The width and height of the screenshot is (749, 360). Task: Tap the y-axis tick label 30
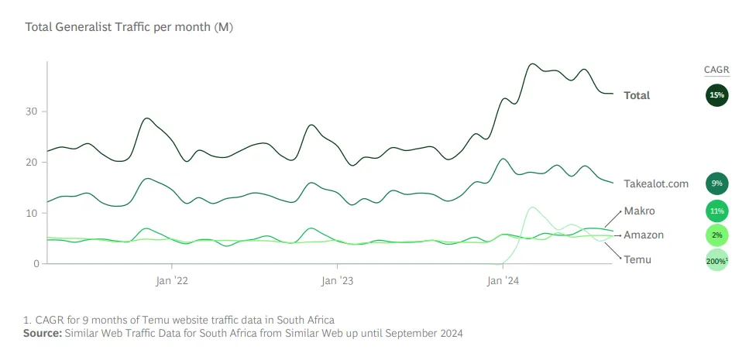pos(32,111)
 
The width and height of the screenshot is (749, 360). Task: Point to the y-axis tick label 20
pos(32,163)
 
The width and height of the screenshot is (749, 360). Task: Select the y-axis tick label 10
pos(32,213)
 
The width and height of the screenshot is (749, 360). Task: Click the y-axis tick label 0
pos(35,264)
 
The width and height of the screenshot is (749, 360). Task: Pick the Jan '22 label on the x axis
pos(171,280)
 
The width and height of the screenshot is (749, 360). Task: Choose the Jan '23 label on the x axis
pos(337,280)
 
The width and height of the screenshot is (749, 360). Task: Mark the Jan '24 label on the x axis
pos(503,280)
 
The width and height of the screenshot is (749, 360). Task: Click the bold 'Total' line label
pos(637,95)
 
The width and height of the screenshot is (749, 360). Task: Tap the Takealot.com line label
pos(656,184)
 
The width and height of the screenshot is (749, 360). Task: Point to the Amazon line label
pos(644,235)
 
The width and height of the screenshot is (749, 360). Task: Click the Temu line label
pos(637,259)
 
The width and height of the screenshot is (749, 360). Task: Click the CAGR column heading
pos(716,70)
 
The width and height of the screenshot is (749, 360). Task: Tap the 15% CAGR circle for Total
pos(716,95)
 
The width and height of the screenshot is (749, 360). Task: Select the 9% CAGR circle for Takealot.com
pos(716,184)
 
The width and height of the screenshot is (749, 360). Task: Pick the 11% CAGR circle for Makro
pos(716,210)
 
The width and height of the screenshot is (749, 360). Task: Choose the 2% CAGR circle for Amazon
pos(716,235)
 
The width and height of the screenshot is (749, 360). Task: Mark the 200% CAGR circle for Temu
pos(716,260)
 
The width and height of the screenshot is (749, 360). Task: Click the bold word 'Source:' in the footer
pos(42,334)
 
